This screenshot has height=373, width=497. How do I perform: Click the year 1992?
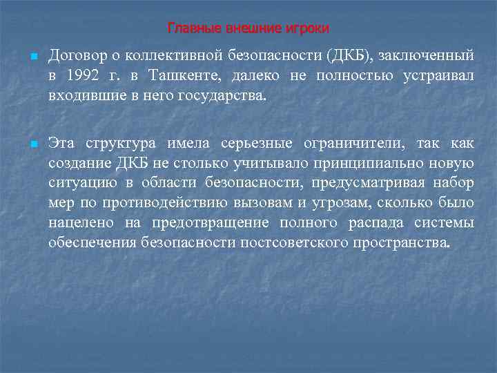pos(87,75)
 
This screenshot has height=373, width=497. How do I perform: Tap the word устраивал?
pos(439,75)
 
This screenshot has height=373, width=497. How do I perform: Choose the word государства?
pos(220,95)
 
